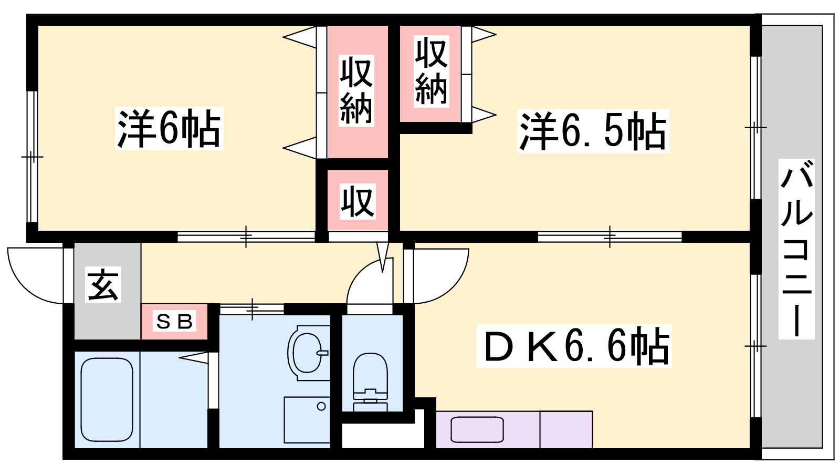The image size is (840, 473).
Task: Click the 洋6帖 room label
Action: (169, 128)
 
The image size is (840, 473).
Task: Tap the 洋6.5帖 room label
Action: (593, 131)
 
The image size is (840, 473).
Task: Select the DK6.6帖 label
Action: (574, 346)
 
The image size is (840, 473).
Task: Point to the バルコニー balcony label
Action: (796, 249)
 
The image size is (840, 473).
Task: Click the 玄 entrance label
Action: (103, 284)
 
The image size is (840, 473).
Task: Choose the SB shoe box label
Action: (174, 321)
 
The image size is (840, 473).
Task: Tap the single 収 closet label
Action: (358, 201)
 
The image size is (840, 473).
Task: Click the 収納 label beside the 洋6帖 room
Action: (356, 90)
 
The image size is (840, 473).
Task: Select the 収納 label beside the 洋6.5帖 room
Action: (431, 71)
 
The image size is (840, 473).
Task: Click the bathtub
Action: (107, 399)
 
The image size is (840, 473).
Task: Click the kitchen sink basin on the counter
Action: (477, 429)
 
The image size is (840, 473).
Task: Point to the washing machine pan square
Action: (307, 420)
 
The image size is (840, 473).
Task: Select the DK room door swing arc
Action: (436, 275)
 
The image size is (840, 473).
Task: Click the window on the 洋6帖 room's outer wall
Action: (32, 157)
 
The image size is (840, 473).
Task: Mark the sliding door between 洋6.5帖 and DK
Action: (610, 237)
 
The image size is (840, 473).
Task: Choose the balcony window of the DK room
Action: (755, 346)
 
